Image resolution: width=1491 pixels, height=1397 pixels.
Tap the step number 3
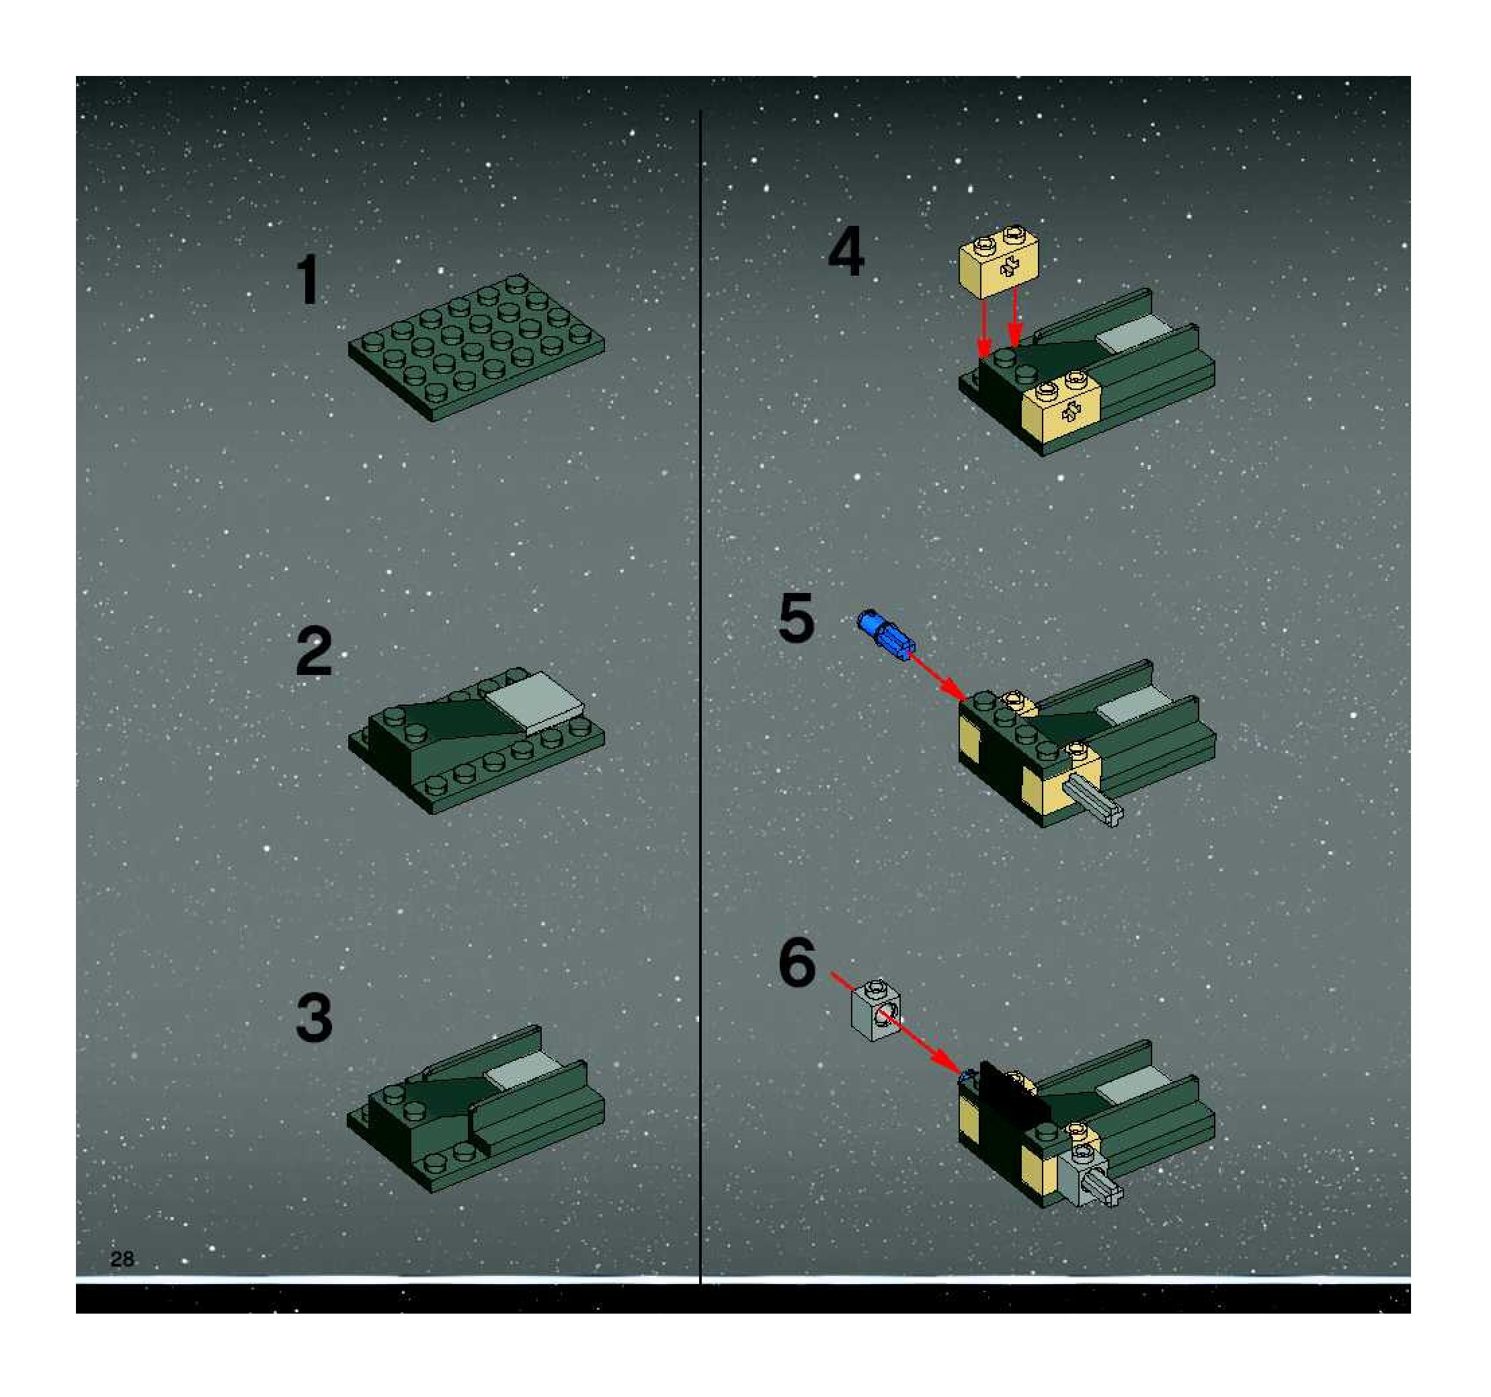314,1018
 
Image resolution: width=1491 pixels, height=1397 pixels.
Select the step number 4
846,253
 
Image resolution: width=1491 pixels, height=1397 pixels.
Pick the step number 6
797,963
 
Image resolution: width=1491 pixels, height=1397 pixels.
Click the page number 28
122,1259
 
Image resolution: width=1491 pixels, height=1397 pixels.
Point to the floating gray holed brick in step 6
875,1010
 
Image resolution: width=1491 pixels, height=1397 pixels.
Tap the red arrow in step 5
938,677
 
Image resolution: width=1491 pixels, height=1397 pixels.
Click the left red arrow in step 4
984,327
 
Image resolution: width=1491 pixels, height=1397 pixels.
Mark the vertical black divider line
700,697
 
